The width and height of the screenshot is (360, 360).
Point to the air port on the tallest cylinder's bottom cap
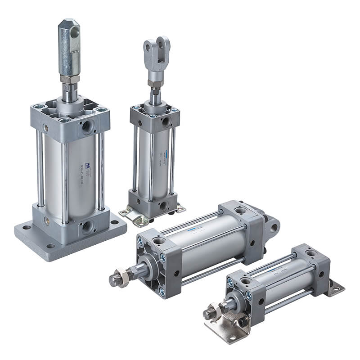[x=86, y=226]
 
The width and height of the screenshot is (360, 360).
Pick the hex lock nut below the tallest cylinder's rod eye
[x=70, y=79]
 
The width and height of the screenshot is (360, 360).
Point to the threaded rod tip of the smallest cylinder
[x=208, y=314]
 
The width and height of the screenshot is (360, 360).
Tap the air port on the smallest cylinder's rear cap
[x=310, y=254]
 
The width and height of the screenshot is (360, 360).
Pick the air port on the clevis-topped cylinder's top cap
[x=166, y=121]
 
